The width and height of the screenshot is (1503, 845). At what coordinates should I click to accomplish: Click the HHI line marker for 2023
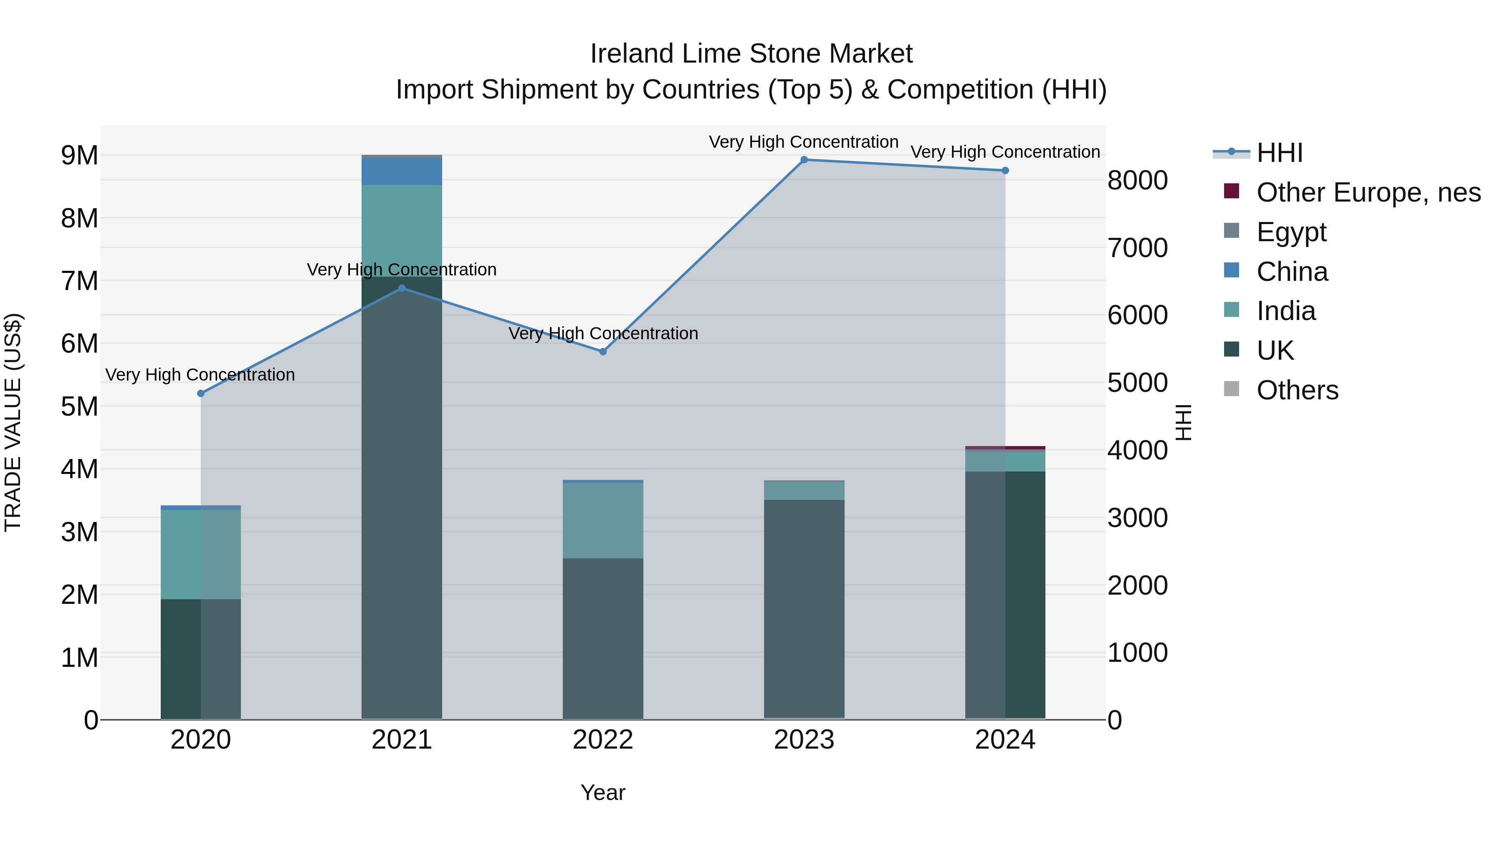click(804, 160)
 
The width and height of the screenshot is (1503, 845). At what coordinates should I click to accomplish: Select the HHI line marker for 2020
click(201, 393)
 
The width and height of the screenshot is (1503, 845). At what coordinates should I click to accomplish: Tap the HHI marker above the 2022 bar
click(603, 352)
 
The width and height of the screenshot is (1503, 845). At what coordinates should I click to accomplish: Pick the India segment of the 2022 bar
click(603, 520)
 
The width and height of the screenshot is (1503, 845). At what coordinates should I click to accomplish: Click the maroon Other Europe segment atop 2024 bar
click(1005, 448)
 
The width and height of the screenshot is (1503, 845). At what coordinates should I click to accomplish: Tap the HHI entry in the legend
click(1279, 153)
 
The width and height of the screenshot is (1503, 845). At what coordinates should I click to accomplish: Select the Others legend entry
click(1296, 390)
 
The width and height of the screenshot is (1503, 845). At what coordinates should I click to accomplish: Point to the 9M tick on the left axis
click(79, 156)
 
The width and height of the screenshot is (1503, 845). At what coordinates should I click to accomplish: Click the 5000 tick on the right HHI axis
click(1138, 383)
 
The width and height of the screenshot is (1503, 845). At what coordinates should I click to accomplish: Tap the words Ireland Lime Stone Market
click(751, 54)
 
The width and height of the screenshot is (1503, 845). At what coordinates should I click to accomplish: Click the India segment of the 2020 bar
click(201, 554)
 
